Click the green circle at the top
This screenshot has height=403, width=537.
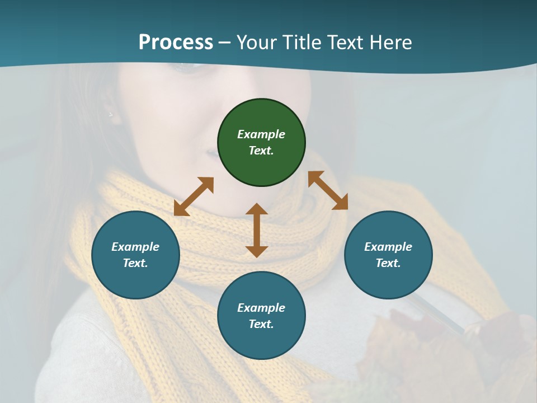pyautogui.click(x=261, y=142)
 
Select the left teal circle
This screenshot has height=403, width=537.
pyautogui.click(x=135, y=255)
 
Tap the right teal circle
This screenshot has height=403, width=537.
pyautogui.click(x=388, y=255)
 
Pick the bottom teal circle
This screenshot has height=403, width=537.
pyautogui.click(x=261, y=316)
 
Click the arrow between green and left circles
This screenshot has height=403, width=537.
pyautogui.click(x=194, y=196)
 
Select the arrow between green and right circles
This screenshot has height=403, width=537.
pyautogui.click(x=328, y=190)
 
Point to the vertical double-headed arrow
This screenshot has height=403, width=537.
pyautogui.click(x=257, y=230)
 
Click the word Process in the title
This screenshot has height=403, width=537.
pyautogui.click(x=176, y=43)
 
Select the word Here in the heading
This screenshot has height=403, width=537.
pyautogui.click(x=390, y=43)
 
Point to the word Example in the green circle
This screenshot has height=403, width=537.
pyautogui.click(x=261, y=134)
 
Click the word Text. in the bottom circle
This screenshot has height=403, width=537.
pyautogui.click(x=261, y=324)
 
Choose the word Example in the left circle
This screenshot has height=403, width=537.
pyautogui.click(x=135, y=247)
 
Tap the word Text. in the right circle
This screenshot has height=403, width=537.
pyautogui.click(x=388, y=263)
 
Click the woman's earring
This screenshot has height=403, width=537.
pyautogui.click(x=110, y=115)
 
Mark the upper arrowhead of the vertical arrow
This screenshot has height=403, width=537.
pyautogui.click(x=257, y=209)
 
